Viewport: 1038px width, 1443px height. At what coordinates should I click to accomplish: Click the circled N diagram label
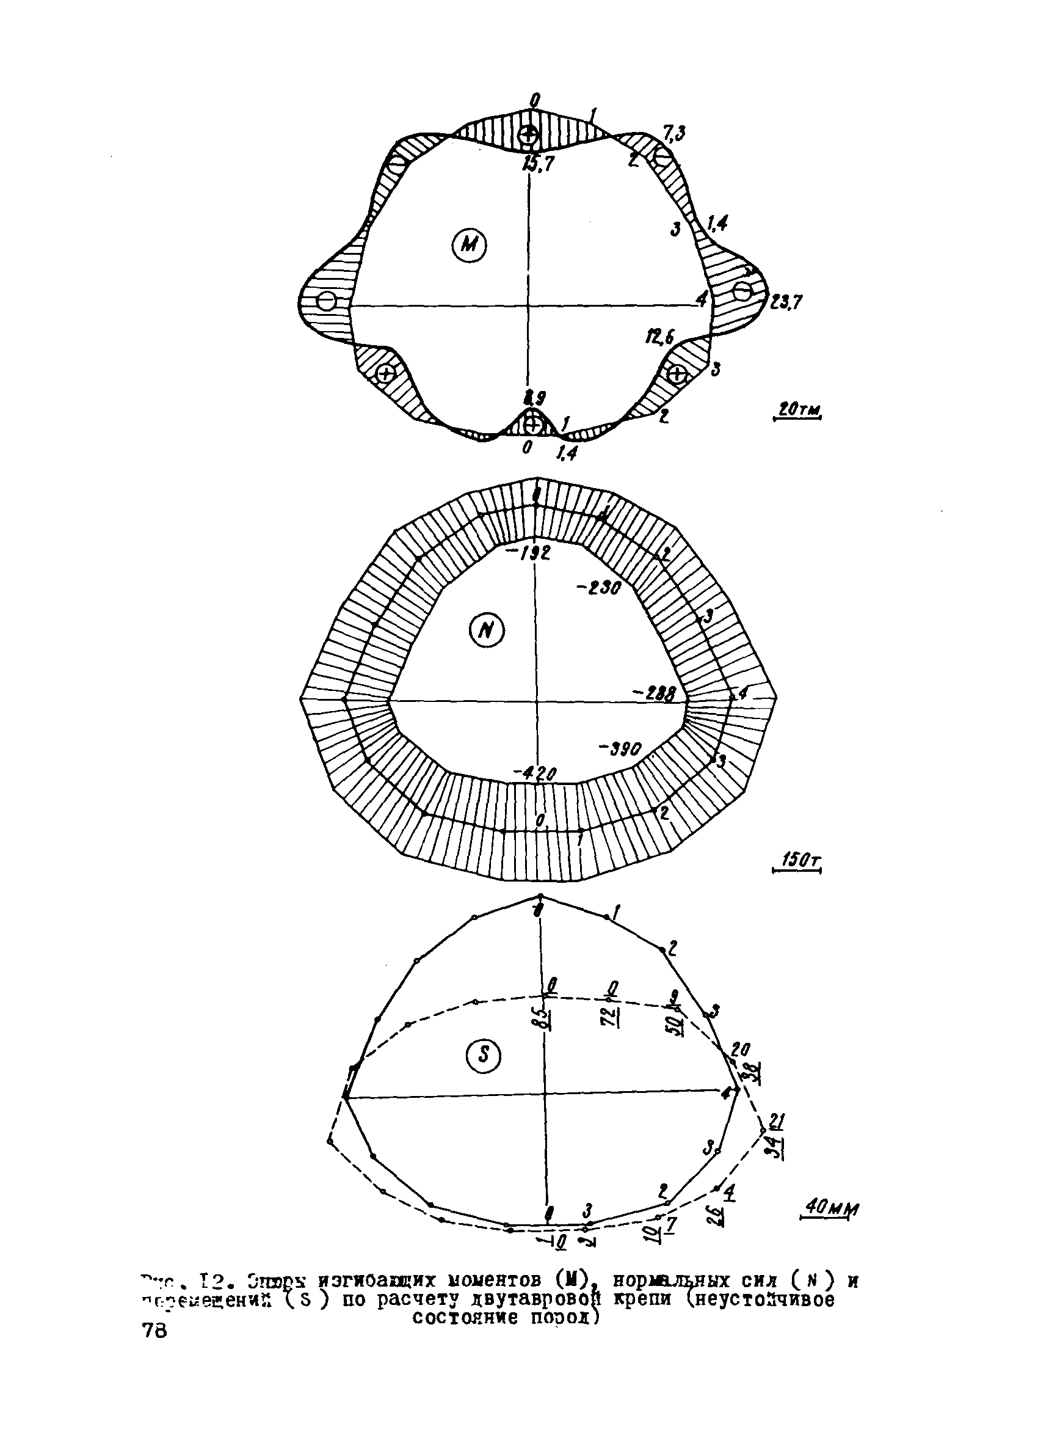[x=487, y=630]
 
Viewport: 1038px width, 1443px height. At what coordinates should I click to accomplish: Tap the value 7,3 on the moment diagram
[x=673, y=134]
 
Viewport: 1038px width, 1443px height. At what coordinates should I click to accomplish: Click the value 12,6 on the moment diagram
[x=659, y=338]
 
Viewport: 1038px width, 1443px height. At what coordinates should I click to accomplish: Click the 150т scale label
[x=797, y=861]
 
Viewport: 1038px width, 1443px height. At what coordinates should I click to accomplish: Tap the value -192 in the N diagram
[x=528, y=553]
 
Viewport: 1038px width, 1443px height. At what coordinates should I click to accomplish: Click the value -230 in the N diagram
[x=598, y=588]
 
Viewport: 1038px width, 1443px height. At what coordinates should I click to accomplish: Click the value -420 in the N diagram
[x=535, y=773]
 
